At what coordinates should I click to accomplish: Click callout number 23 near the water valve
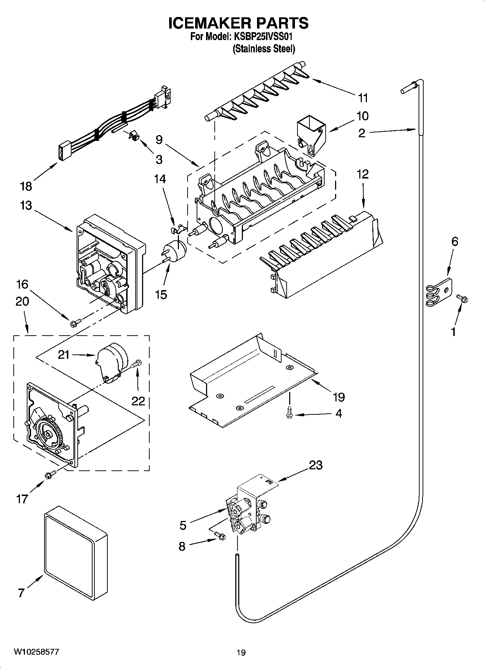315,465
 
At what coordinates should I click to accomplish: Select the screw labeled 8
219,536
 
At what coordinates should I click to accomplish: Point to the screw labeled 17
50,475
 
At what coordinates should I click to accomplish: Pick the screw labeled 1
462,298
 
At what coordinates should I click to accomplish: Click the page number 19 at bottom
241,652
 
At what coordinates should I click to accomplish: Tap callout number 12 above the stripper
363,174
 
